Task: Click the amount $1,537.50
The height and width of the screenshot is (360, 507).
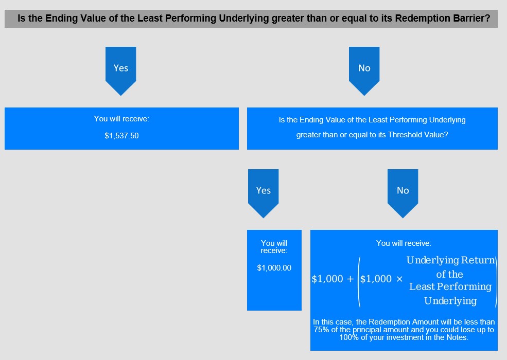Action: pyautogui.click(x=121, y=136)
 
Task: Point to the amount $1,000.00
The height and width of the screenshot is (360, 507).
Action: pyautogui.click(x=274, y=268)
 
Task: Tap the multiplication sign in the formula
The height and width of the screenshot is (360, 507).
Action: pyautogui.click(x=399, y=279)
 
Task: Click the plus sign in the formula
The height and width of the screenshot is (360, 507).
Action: pyautogui.click(x=350, y=279)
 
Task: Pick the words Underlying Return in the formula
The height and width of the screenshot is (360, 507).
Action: pyautogui.click(x=451, y=260)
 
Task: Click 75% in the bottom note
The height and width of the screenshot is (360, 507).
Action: pyautogui.click(x=321, y=330)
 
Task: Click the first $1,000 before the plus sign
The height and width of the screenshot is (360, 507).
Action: pyautogui.click(x=327, y=279)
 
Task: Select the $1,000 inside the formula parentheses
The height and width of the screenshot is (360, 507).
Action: pyautogui.click(x=376, y=279)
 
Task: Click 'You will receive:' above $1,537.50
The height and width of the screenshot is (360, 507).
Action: pyautogui.click(x=121, y=119)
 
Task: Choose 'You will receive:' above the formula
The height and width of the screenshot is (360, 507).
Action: pyautogui.click(x=404, y=243)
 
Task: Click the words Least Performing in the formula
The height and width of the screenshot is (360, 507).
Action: pyautogui.click(x=450, y=286)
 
